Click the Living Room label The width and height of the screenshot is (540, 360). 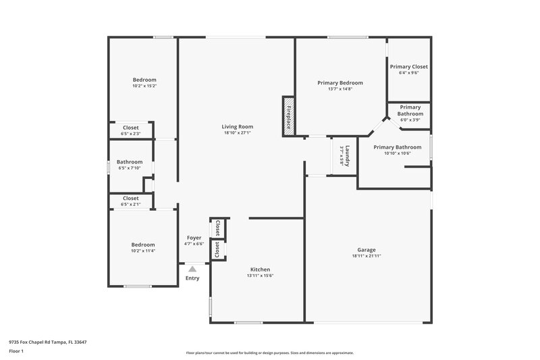point(238,126)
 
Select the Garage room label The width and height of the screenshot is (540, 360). point(367,249)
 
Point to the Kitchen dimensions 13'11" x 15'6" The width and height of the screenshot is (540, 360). point(260,275)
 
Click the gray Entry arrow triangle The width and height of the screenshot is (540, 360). point(192,269)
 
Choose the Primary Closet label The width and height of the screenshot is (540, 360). point(409,67)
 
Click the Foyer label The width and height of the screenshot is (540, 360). point(194,238)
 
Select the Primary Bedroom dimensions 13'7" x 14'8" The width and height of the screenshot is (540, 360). point(340,89)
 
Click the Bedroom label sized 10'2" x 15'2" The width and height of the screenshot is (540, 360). point(144,80)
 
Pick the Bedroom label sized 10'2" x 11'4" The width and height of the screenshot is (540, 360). point(143,245)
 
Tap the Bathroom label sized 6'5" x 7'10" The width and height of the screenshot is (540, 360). point(130,162)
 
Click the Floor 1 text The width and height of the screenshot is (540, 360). point(16,351)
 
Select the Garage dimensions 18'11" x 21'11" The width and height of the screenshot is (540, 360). point(367,256)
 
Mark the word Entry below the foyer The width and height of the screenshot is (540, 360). point(192,278)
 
